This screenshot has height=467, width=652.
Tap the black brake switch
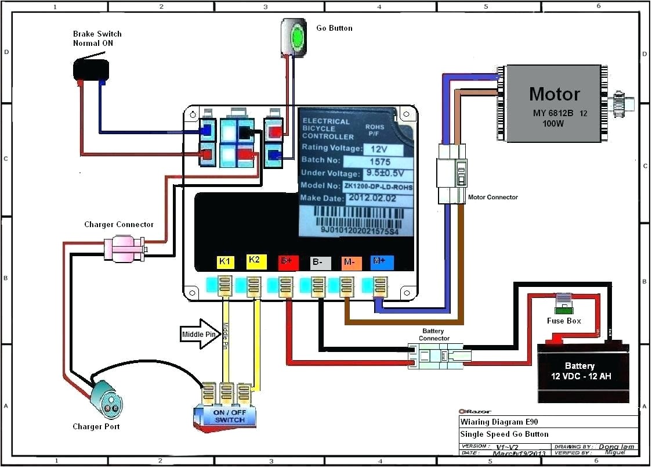tap(91, 69)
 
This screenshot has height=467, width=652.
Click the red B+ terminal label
tap(287, 262)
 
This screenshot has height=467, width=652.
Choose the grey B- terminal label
tap(318, 262)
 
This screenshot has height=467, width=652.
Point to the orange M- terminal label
tap(350, 262)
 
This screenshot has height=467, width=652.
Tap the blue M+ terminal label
tap(381, 262)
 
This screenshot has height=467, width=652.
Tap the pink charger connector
tap(124, 249)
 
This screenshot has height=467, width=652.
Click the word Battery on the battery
tap(579, 366)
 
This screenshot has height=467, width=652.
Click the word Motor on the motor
tap(554, 94)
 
